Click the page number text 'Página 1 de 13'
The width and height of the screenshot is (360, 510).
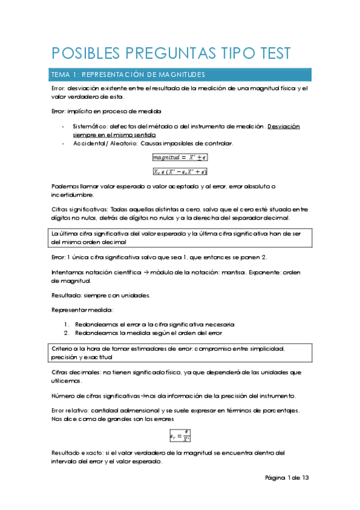click(287, 478)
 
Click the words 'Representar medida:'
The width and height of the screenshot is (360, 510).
click(74, 310)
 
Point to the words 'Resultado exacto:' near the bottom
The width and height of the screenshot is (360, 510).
click(75, 452)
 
